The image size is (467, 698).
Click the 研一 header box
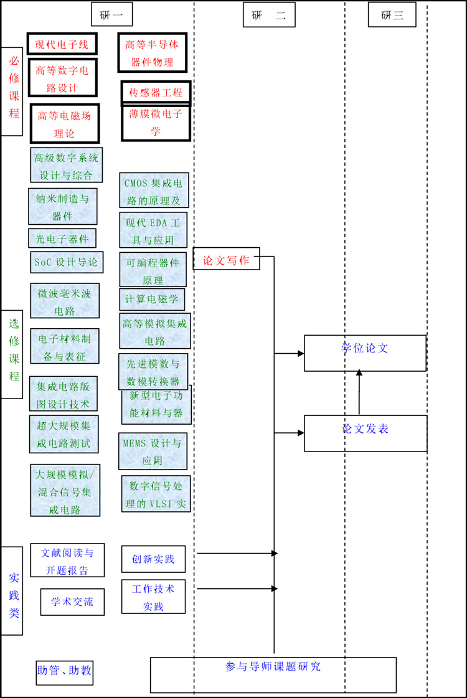point(111,15)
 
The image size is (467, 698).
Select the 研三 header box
point(392,15)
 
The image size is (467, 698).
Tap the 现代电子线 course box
point(62,44)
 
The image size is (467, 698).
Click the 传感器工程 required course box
point(156,93)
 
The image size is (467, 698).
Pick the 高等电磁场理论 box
point(65,124)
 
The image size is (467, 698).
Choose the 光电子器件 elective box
point(62,238)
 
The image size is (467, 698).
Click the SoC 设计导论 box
point(66,262)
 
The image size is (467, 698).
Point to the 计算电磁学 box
point(152,299)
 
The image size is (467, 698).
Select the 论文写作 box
point(226,260)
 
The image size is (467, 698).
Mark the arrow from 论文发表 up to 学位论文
point(359,392)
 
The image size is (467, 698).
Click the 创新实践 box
point(153,559)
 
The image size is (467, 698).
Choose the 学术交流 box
point(72,601)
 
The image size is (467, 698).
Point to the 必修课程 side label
point(12,92)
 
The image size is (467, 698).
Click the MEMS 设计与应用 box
point(153,451)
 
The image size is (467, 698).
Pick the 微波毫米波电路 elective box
point(65,301)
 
